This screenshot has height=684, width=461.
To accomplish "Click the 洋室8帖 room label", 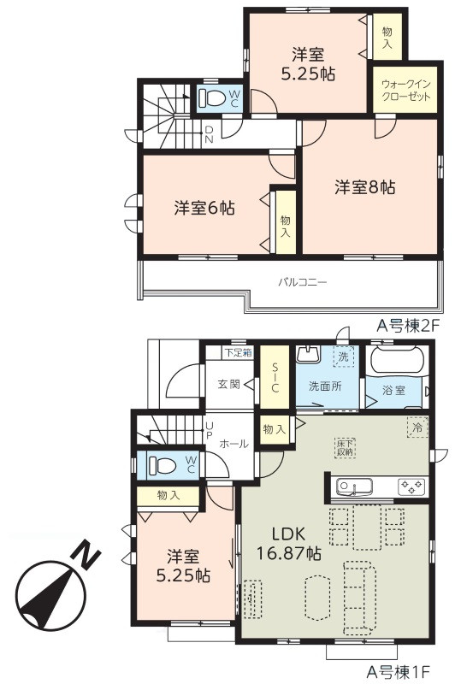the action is (x=365, y=187).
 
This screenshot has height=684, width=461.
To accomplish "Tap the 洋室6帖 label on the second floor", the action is (x=204, y=208).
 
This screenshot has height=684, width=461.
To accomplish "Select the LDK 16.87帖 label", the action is (x=288, y=543).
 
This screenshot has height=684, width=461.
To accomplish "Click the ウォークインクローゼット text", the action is (x=406, y=91).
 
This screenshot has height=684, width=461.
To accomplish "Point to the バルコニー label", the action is (x=303, y=282).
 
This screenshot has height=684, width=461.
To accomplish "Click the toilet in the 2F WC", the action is (x=211, y=98).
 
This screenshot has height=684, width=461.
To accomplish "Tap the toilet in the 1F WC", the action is (x=162, y=465).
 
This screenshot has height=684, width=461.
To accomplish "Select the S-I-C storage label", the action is (x=275, y=376).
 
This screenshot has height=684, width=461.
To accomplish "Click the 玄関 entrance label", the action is (x=228, y=384).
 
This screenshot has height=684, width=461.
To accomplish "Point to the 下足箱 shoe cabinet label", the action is (x=238, y=352).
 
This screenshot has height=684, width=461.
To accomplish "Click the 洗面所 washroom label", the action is (x=325, y=386).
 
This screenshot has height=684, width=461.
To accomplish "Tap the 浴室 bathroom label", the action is (x=393, y=390).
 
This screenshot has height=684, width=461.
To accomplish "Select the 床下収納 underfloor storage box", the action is (x=346, y=447).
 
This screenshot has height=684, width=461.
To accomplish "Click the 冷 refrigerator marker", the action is (x=417, y=427).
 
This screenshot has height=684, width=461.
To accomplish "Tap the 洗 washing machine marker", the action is (x=344, y=357).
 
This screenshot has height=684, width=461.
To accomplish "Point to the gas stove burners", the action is (x=411, y=486).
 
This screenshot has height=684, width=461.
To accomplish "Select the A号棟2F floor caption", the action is (x=407, y=326).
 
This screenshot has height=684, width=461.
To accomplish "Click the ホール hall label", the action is (x=233, y=444).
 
